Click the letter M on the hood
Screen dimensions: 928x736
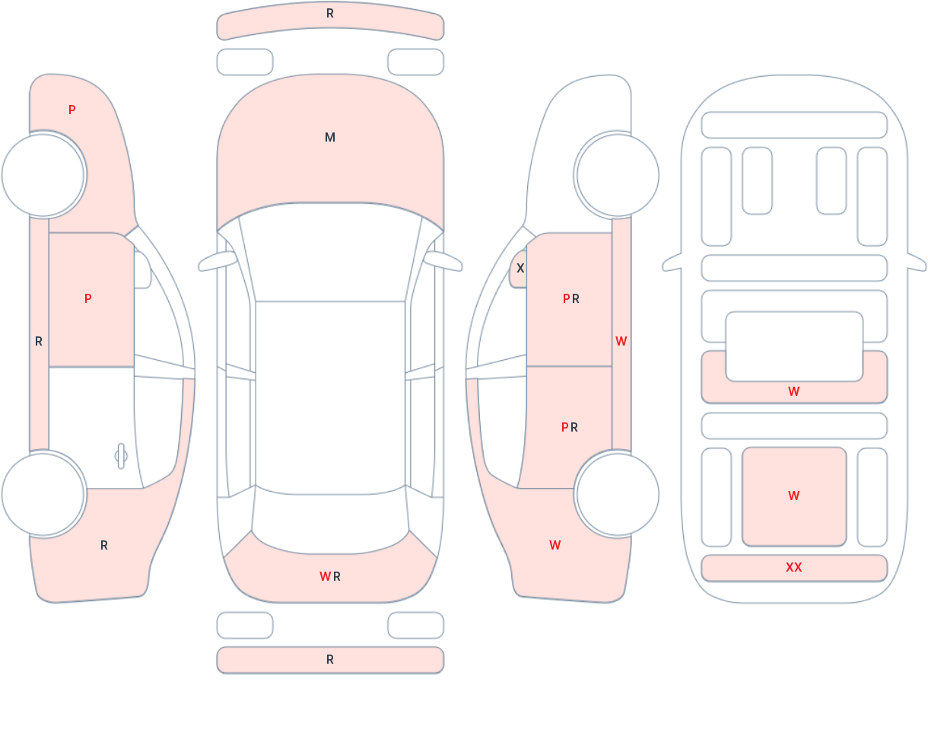(330, 137)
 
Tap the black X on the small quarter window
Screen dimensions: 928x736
(520, 269)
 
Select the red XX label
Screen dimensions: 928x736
(794, 567)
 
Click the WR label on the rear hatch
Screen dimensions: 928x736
(330, 576)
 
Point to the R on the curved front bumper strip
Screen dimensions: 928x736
(330, 14)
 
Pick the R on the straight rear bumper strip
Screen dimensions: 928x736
(330, 659)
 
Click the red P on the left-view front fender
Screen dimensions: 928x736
(72, 110)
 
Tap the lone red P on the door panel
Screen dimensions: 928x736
(88, 298)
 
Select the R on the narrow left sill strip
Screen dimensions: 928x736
(39, 341)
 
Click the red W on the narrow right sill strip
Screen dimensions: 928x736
(621, 341)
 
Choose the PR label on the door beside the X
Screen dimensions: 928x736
(571, 298)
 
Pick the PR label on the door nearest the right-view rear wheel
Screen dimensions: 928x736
(569, 427)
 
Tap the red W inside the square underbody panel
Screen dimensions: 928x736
(794, 495)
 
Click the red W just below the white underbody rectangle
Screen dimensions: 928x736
(794, 391)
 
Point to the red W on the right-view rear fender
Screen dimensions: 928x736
(555, 545)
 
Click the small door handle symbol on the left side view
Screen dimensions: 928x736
(121, 456)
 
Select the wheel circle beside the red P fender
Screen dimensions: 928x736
(43, 175)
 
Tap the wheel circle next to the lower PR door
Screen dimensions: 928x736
(618, 494)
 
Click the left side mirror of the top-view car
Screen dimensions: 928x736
(218, 261)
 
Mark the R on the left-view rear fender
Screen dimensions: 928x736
(104, 545)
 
